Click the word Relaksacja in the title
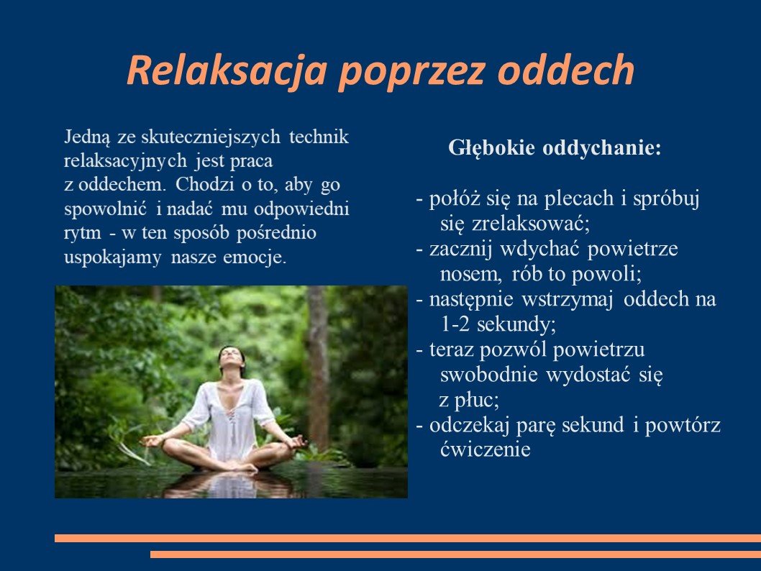tap(227, 70)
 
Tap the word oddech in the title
tap(566, 69)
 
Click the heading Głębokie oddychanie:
tap(555, 148)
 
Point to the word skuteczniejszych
tap(211, 137)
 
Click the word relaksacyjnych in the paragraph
tap(125, 161)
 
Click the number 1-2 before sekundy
tap(455, 324)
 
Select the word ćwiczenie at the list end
tap(485, 449)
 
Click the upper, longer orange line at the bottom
tap(408, 538)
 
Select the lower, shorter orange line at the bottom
tap(456, 554)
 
